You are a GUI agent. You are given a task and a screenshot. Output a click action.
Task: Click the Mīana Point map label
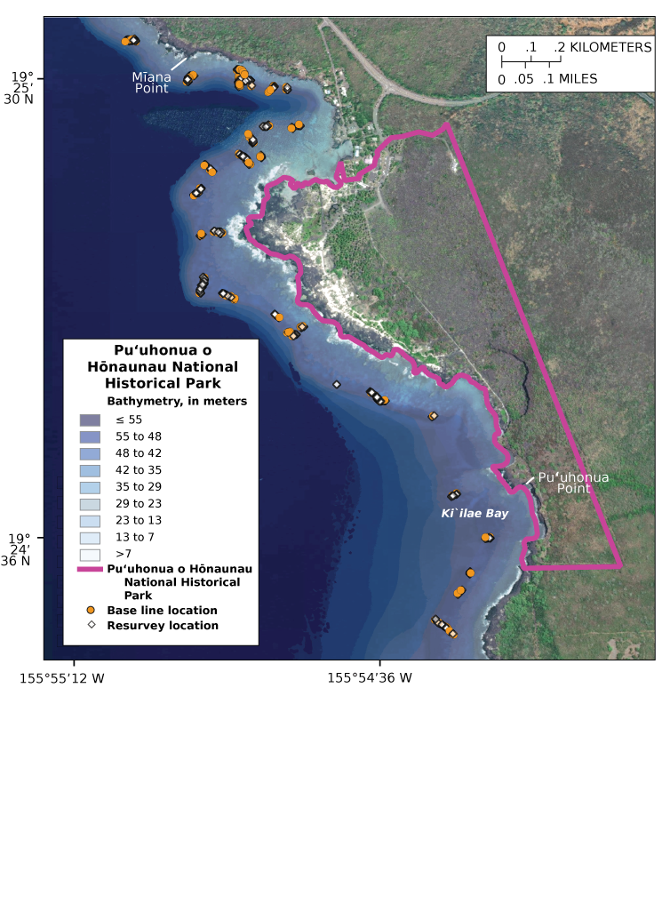[152, 83]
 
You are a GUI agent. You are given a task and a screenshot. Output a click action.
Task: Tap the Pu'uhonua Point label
[573, 483]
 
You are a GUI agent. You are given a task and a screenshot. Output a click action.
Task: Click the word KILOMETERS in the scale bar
[610, 48]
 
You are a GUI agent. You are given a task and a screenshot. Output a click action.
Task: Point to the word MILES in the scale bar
[578, 79]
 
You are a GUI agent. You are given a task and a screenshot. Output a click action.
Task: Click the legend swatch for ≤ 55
[90, 420]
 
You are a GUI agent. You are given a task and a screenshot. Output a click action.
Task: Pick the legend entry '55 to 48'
[139, 436]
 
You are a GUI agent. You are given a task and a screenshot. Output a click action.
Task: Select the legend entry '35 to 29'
[139, 487]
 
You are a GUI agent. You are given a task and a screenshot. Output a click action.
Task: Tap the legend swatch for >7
[90, 554]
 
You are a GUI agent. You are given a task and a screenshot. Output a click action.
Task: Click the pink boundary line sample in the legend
[90, 570]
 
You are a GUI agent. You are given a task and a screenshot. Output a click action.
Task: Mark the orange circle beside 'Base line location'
[91, 611]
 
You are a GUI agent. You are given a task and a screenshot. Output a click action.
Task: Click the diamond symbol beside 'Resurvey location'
[91, 625]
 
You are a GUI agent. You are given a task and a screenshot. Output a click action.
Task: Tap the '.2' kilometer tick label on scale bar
[560, 48]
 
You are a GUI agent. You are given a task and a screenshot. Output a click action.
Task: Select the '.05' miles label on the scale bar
[524, 79]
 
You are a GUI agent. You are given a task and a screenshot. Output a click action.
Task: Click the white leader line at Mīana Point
[179, 63]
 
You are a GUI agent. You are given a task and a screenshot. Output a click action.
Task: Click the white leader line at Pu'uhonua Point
[530, 480]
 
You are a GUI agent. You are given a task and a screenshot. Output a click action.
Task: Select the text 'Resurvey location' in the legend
[163, 625]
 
